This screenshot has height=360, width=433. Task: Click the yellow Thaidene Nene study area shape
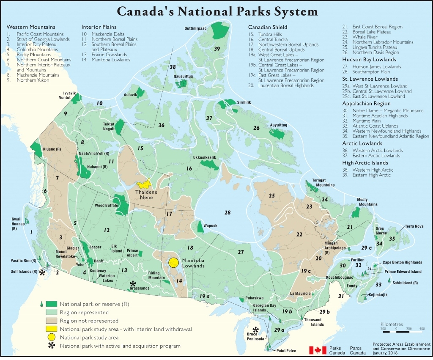pos(144,184)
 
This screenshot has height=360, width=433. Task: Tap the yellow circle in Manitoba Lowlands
pos(173,263)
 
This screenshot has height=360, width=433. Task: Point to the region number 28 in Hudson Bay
pos(227,212)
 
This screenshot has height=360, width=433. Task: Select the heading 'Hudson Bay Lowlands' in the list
pos(369,60)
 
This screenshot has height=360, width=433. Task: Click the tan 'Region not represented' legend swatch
pos(51,321)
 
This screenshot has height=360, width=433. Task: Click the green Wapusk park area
pos(200,227)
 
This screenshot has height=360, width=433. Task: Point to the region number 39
pos(217,49)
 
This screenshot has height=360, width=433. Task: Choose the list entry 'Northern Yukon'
pos(33,80)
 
